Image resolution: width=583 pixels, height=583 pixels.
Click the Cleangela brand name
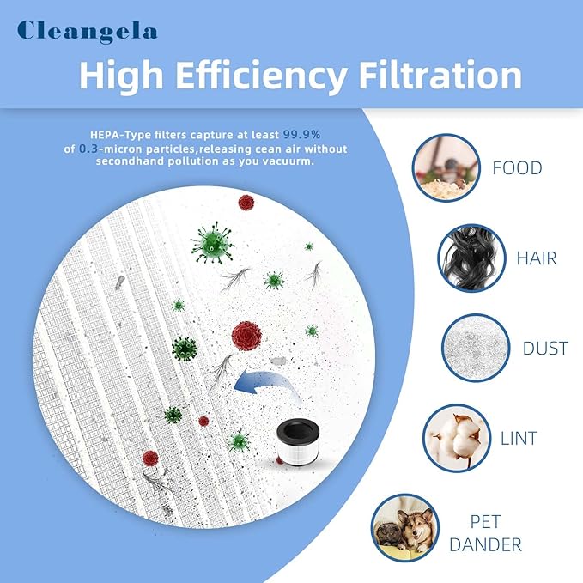[x=88, y=32]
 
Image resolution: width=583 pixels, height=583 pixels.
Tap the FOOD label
[x=517, y=167]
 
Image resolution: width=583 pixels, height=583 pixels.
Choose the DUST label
[x=544, y=348]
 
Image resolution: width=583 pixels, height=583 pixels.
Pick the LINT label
[x=518, y=438]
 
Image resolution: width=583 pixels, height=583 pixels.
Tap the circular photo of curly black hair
[x=471, y=257]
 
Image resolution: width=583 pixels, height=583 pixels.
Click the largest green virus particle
[x=212, y=242]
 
